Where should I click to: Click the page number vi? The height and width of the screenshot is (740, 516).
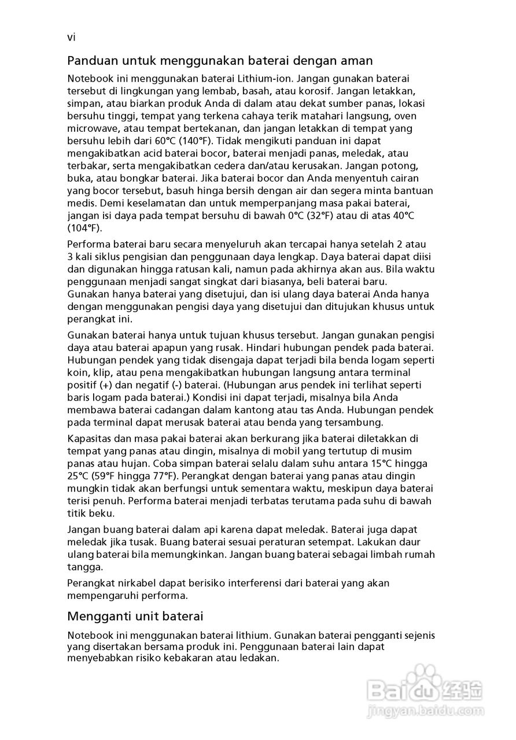pos(72,38)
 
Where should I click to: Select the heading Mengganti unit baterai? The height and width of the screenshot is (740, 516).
pos(135,616)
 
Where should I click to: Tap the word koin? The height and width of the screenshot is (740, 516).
pos(77,372)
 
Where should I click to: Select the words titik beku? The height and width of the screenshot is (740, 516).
pos(91,513)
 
